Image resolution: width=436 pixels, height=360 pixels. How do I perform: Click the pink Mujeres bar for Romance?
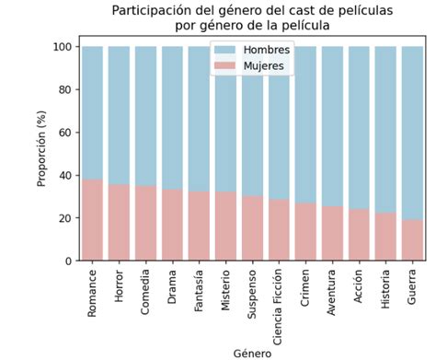pos(93,220)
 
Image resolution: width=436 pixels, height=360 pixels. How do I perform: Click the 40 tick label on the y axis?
pos(64,175)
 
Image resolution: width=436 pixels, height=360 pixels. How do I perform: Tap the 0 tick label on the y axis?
pos(68,261)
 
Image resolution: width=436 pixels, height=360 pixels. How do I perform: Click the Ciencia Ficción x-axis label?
pos(279,300)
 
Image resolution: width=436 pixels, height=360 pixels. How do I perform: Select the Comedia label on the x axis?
pos(146,293)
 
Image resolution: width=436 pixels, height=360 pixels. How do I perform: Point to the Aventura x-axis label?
pos(332,294)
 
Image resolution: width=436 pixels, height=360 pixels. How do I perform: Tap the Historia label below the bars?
pos(385,293)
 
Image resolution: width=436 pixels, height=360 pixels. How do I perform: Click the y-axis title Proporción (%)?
pos(42,154)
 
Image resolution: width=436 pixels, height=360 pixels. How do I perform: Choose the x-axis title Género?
pos(252,352)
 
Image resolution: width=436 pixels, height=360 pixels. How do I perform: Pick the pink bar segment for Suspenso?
pos(252,228)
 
